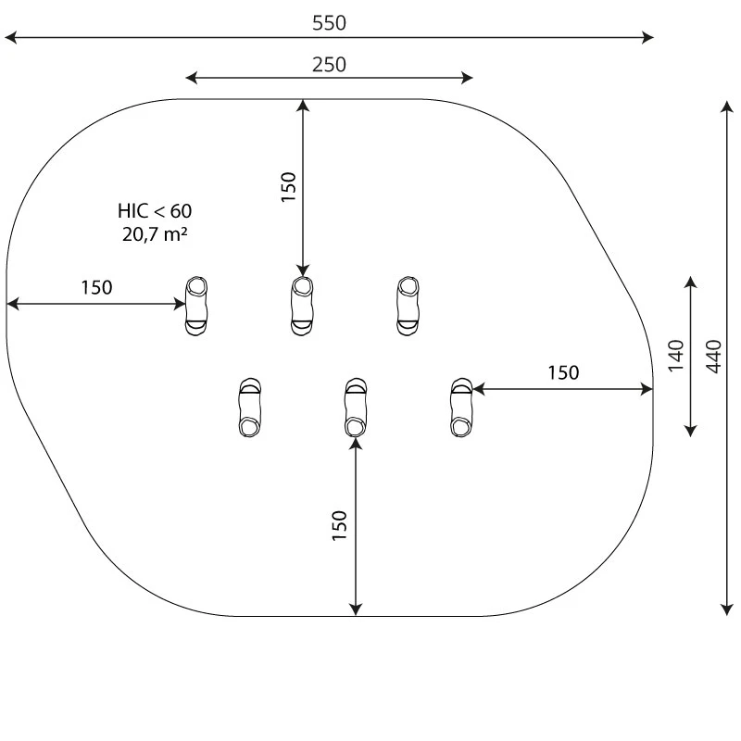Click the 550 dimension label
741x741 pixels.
[329, 23]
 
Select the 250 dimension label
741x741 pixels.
[329, 65]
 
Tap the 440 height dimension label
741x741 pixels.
[714, 357]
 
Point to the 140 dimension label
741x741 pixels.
[676, 356]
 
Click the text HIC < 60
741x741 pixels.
[155, 211]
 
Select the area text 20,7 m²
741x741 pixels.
[155, 234]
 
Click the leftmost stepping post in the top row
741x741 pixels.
[196, 307]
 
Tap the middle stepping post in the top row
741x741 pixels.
[302, 307]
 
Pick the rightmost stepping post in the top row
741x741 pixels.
[408, 307]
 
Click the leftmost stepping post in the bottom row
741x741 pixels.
[249, 408]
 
